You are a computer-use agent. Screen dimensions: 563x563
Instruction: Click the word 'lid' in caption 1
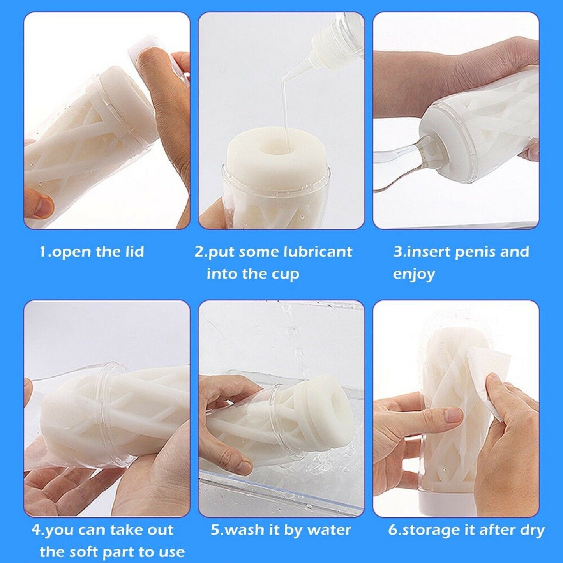pos(133,252)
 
